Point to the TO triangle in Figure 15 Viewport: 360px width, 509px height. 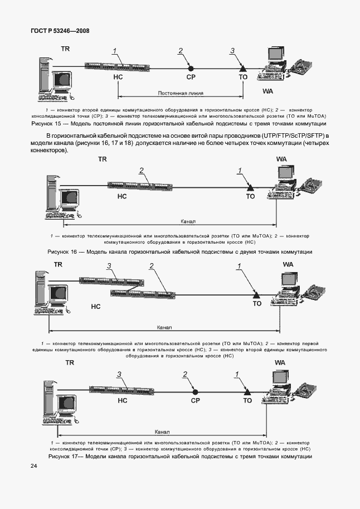click(x=242, y=69)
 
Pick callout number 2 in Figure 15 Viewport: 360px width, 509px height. click(x=181, y=51)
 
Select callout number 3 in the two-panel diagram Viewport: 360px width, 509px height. click(x=110, y=266)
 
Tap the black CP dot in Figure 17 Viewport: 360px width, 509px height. click(x=195, y=389)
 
